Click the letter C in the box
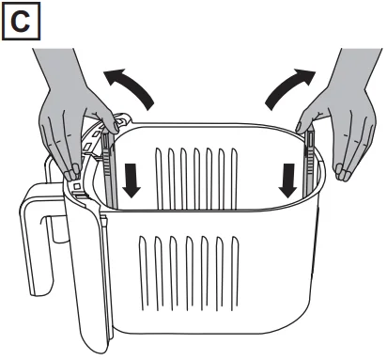[21, 22]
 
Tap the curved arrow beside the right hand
[289, 88]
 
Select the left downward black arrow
[132, 180]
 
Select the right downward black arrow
[287, 180]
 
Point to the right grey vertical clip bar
[309, 163]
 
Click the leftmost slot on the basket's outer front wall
[144, 273]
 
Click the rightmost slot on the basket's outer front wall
[235, 273]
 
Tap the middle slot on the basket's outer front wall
[190, 273]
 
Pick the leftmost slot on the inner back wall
[159, 179]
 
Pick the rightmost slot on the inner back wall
[234, 179]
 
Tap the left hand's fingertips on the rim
[71, 173]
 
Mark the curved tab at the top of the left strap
[124, 117]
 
